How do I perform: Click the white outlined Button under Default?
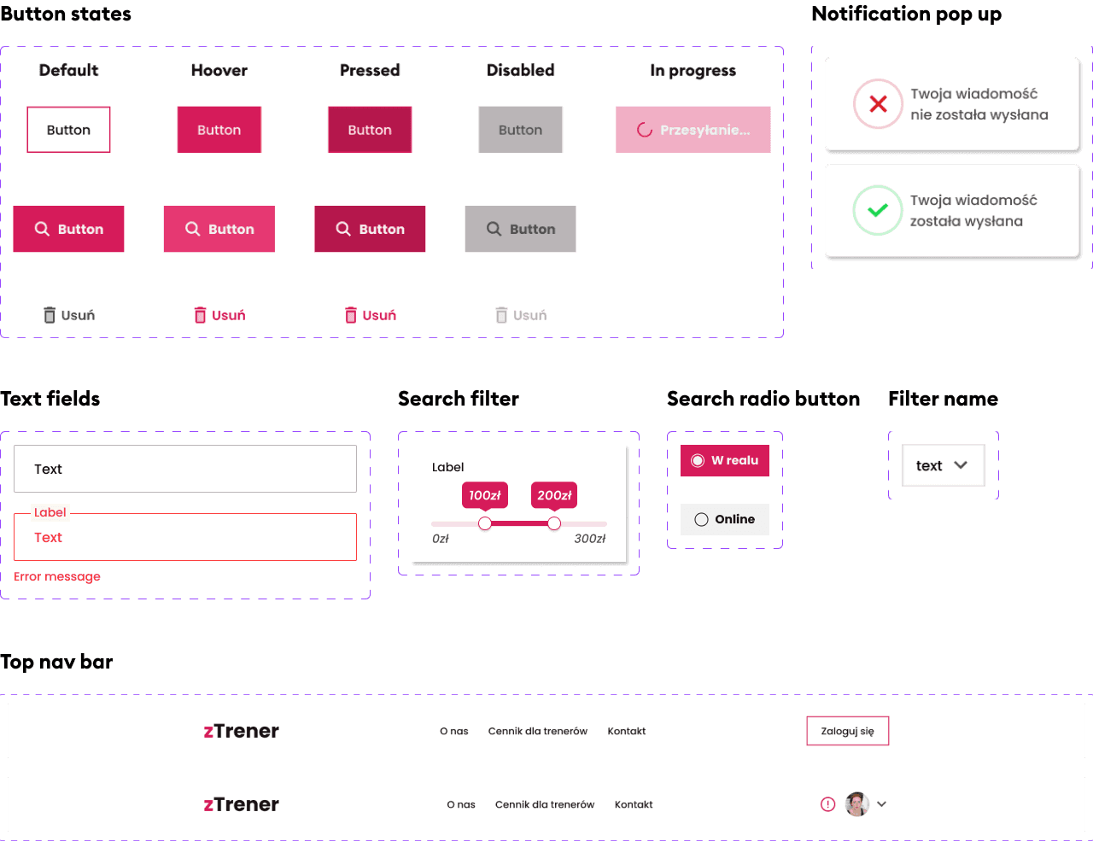coord(68,130)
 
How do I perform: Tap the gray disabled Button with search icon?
coord(520,229)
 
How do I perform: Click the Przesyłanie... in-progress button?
coord(693,130)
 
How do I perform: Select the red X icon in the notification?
coord(878,104)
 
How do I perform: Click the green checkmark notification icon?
coord(877,210)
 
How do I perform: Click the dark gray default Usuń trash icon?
coord(50,315)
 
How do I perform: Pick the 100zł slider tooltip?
coord(485,496)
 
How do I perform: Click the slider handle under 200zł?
coord(554,523)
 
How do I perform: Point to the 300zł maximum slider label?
coord(589,539)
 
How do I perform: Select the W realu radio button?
coord(724,460)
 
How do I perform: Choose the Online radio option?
coord(724,519)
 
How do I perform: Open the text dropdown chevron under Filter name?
coord(960,465)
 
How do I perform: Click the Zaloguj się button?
coord(848,731)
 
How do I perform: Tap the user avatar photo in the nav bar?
coord(856,804)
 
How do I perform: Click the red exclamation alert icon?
coord(827,804)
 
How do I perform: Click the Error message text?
coord(57,576)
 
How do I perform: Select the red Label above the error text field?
coord(50,512)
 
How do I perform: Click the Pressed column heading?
coord(370,70)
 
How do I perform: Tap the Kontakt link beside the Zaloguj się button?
coord(626,731)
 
